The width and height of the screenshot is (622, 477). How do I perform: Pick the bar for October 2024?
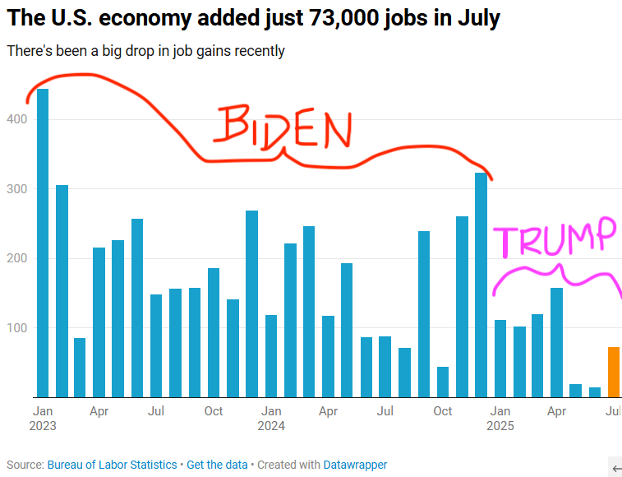443,382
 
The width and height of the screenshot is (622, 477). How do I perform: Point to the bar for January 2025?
500,359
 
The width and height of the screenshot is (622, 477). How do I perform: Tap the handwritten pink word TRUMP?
554,238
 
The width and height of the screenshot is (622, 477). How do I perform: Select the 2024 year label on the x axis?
271,426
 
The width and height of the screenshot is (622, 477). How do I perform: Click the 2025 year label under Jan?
500,426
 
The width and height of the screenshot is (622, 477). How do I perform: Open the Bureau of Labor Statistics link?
112,465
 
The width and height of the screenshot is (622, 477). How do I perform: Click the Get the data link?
217,465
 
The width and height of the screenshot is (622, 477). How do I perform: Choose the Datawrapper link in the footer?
355,465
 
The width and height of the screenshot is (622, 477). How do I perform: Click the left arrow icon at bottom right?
615,468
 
